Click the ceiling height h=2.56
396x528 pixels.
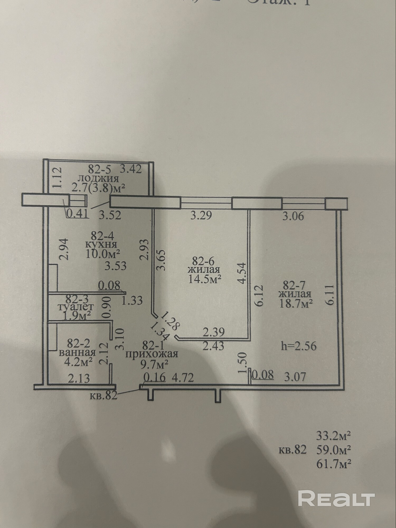pyautogui.click(x=299, y=346)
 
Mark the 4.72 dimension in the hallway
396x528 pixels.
pyautogui.click(x=183, y=377)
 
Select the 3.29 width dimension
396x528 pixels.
pyautogui.click(x=201, y=216)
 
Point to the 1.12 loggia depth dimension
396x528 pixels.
pyautogui.click(x=57, y=177)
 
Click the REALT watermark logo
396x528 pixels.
pyautogui.click(x=336, y=498)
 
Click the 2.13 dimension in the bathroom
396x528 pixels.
pyautogui.click(x=79, y=379)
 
